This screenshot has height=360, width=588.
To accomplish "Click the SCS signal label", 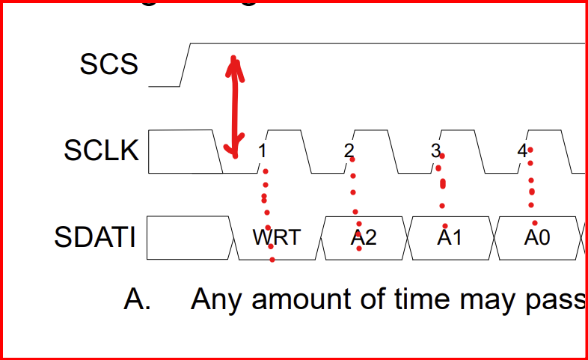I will pos(109,64).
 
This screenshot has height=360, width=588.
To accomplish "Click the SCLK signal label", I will pos(102,151).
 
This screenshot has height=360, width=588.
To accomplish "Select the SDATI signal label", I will pos(95,238).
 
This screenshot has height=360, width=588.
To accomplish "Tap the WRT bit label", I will pos(276,238).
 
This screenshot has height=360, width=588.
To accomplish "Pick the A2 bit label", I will pos(364,238).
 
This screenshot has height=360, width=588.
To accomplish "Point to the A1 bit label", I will pos(450,238).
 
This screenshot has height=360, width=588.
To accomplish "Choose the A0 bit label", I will pos(536,238).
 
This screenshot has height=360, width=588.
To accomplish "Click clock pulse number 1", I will pos(262,151).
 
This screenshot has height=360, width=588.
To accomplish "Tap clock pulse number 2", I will pos(349,151).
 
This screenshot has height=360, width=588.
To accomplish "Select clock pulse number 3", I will pos(435,151).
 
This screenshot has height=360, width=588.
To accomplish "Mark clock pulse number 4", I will pos(522,151).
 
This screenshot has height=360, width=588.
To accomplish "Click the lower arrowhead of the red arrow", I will pos(235,152).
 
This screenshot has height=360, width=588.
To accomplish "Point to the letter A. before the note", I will pos(138,299).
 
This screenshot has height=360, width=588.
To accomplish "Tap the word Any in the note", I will pos(216,299).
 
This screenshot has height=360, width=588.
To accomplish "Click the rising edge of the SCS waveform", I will pos(186,64).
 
